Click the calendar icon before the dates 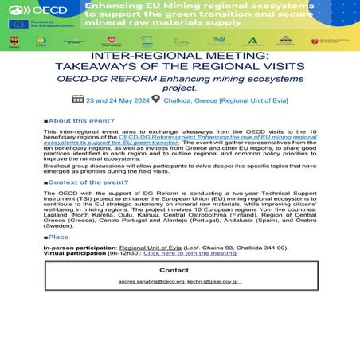click(78, 99)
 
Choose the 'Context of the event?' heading click(88, 182)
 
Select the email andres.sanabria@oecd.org click(151, 282)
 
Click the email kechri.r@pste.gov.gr click(215, 282)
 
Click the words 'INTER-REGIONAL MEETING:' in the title click(179, 57)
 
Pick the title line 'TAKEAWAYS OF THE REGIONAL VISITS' click(179, 68)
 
